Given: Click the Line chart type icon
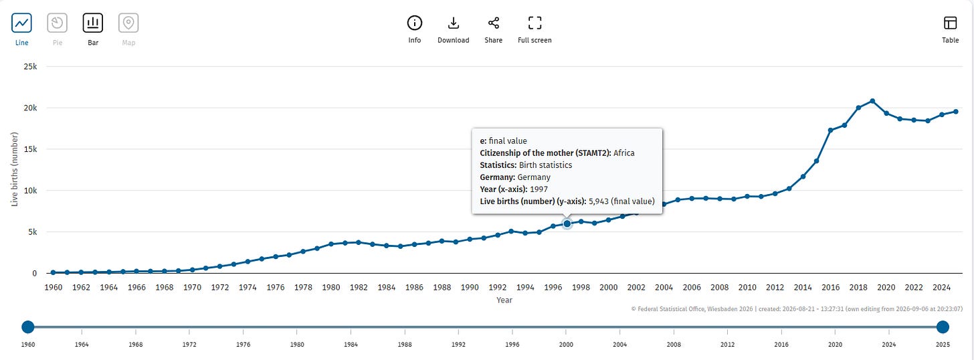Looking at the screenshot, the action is (x=21, y=23).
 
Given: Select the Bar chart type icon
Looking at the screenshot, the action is (x=92, y=23).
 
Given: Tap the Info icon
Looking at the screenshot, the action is (x=414, y=23).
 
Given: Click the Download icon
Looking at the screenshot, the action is (x=453, y=23).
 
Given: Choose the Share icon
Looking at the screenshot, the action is (x=494, y=23).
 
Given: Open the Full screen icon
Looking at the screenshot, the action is (x=534, y=23).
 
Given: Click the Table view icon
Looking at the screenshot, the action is (x=950, y=23).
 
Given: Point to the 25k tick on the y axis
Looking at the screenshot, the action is (x=31, y=66).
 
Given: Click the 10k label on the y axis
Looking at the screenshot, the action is (x=31, y=191).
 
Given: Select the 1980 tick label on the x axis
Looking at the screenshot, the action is (x=331, y=287).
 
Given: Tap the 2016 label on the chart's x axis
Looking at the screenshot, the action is (x=831, y=287).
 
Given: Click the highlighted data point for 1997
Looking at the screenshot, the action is (x=567, y=223).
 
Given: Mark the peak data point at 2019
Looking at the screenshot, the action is (x=872, y=101).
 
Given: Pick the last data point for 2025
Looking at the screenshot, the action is (x=956, y=112).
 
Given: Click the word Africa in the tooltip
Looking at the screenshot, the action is (x=624, y=153).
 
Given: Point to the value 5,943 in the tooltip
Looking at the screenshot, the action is (x=598, y=201).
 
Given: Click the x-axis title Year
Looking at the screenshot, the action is (x=504, y=300).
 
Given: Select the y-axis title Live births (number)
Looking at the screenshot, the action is (x=14, y=169).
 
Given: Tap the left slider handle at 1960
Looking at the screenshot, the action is (x=28, y=327).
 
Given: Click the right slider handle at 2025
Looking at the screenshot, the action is (x=943, y=327).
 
